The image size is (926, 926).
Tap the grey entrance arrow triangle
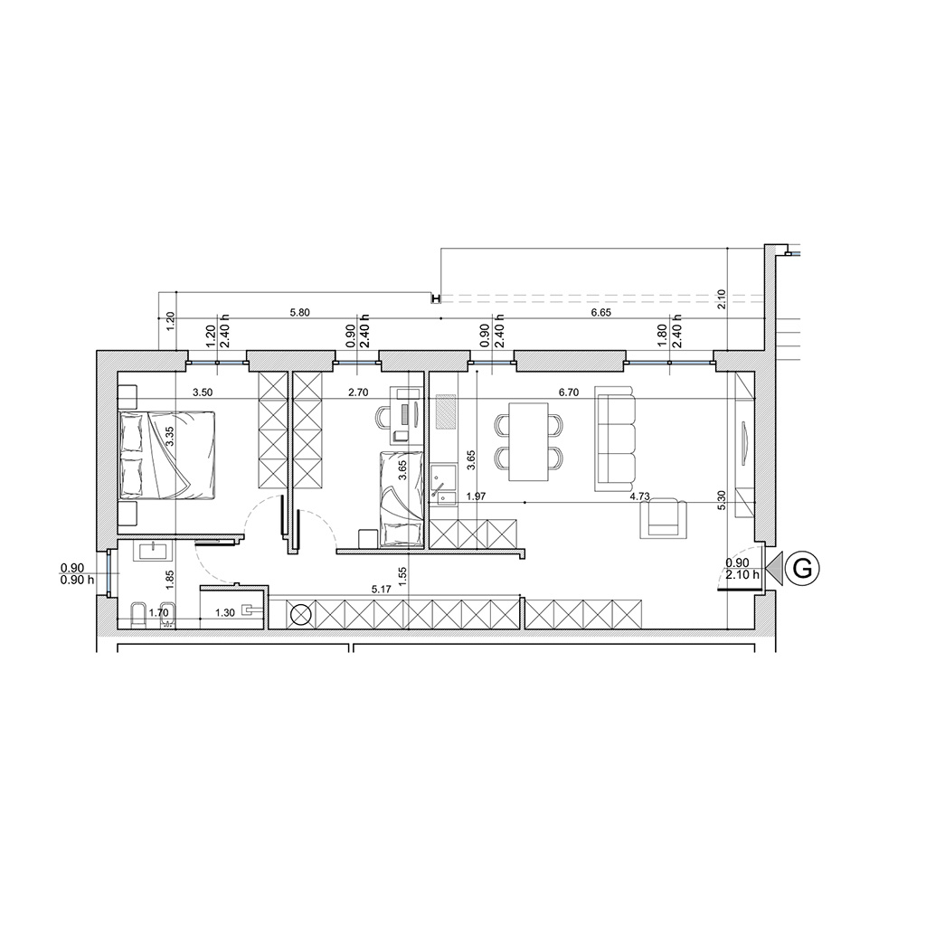click(x=774, y=569)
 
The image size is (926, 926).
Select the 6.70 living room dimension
click(x=568, y=392)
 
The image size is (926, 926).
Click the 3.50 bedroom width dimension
click(x=202, y=392)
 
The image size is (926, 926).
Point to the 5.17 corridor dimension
click(x=382, y=589)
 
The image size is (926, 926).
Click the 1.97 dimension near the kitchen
click(x=476, y=496)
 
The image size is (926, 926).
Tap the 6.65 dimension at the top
click(x=601, y=313)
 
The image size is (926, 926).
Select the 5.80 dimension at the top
click(x=300, y=313)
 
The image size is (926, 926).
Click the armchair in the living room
click(x=665, y=518)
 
